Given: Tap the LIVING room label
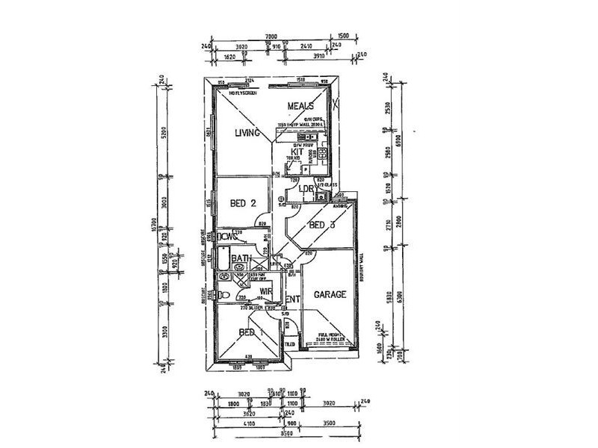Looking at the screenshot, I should [245, 134].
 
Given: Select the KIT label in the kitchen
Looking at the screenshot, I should [298, 152].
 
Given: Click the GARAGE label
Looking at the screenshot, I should [330, 294].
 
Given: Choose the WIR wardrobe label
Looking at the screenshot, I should [265, 292].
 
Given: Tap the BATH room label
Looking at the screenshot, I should [241, 259].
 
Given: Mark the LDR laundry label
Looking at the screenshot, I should [305, 189].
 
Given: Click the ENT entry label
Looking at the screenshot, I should [293, 300].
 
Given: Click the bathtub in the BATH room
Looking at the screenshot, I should [223, 261].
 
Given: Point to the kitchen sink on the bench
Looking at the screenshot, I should [304, 137].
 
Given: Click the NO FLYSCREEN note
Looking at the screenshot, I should [244, 93].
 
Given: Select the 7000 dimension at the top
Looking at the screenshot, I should [271, 36].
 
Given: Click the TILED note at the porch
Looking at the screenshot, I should [289, 344].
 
